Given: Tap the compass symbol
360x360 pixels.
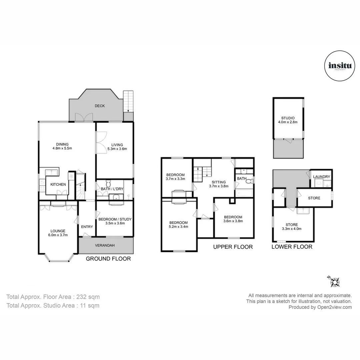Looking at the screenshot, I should tap(334, 282).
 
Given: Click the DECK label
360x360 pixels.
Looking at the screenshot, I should tap(100, 106).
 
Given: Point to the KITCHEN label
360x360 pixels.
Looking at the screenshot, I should tap(58, 184).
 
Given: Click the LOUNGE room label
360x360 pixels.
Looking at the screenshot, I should tap(58, 231).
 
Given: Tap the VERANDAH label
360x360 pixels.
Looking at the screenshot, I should tap(105, 245).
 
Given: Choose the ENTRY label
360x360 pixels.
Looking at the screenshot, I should tap(87, 227).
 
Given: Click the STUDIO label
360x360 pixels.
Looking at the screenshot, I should tap(288, 118).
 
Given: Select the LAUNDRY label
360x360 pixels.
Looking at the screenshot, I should tap(322, 177).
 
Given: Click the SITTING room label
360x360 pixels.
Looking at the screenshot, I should tap(218, 182).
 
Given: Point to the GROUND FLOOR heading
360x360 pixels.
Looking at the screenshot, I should tap(108, 258).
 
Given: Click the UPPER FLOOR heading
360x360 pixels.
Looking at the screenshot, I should tap(233, 247).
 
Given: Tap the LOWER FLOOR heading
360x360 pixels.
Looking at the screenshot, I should tap(292, 247).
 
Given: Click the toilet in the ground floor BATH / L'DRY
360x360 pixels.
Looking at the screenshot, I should tap(108, 184).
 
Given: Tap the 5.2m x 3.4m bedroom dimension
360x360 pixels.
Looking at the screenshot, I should tap(178, 227).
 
